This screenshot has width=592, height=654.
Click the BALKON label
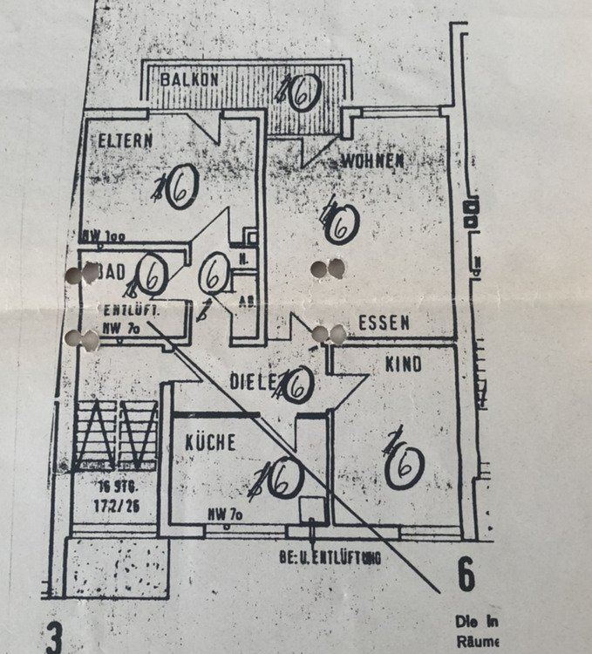(x=187, y=78)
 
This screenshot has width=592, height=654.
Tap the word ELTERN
(x=126, y=140)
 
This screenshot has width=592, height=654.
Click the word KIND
(x=403, y=364)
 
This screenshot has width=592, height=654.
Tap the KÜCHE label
(x=210, y=443)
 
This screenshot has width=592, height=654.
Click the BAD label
(x=113, y=272)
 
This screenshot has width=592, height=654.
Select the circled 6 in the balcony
(x=299, y=92)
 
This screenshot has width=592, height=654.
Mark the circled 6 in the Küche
(x=282, y=477)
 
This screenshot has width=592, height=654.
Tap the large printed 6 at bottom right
(x=466, y=576)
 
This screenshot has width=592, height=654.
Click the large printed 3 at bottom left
(x=55, y=637)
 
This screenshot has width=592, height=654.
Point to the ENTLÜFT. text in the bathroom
(x=129, y=310)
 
